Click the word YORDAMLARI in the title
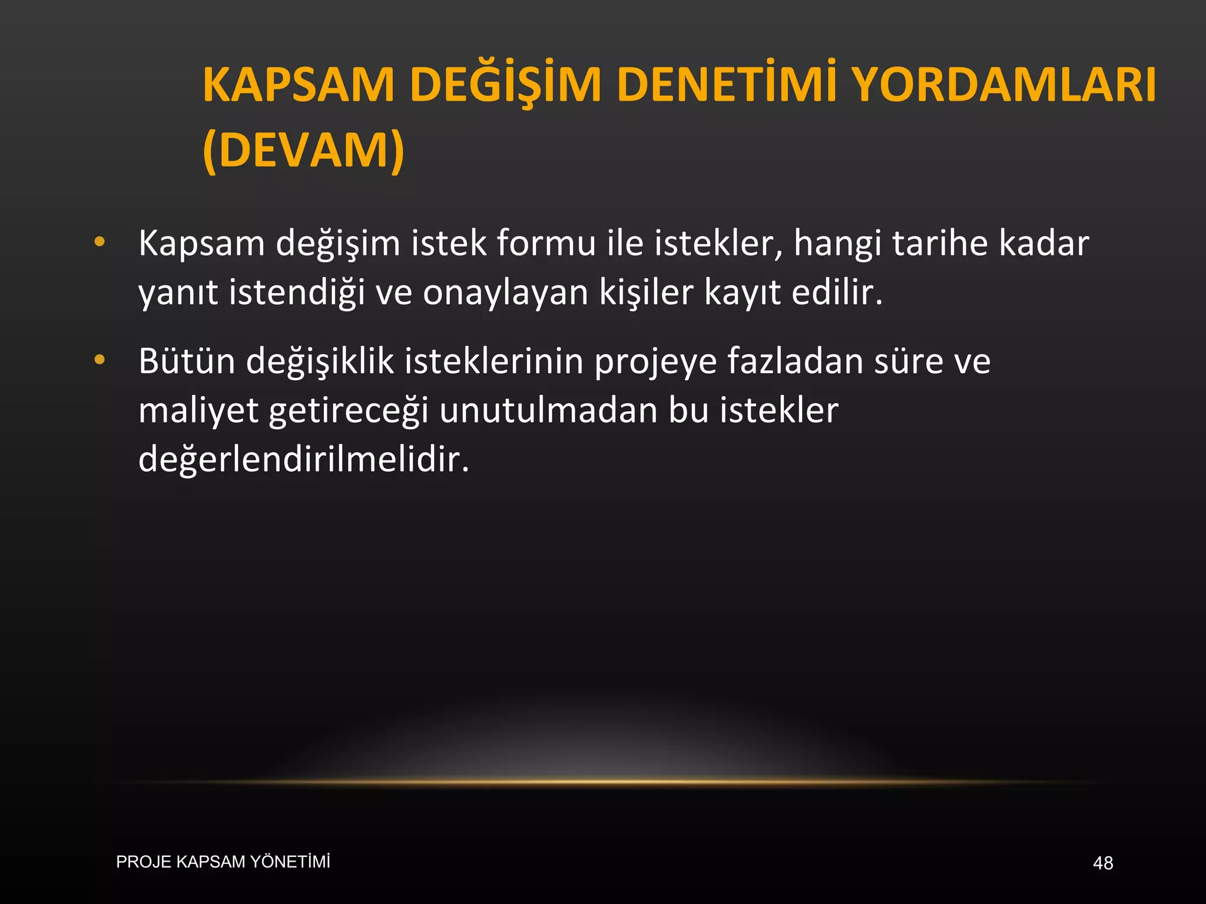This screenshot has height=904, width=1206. pyautogui.click(x=1004, y=85)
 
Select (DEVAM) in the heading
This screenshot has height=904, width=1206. pyautogui.click(x=303, y=150)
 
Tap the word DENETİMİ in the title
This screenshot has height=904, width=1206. pyautogui.click(x=728, y=85)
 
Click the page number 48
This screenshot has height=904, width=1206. pyautogui.click(x=1102, y=863)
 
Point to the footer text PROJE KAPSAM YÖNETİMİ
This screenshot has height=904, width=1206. pyautogui.click(x=223, y=862)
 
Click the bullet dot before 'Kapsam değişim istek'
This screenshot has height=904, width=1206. pyautogui.click(x=100, y=241)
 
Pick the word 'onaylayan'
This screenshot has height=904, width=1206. pyautogui.click(x=505, y=293)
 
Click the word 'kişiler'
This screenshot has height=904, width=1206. pyautogui.click(x=647, y=293)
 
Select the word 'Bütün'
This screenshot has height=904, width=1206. pyautogui.click(x=187, y=361)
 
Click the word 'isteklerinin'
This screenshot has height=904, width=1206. pyautogui.click(x=493, y=361)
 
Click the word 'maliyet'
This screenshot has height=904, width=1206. pyautogui.click(x=198, y=411)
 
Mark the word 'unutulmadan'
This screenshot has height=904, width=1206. pyautogui.click(x=548, y=410)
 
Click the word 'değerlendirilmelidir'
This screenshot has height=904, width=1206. pyautogui.click(x=303, y=460)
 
